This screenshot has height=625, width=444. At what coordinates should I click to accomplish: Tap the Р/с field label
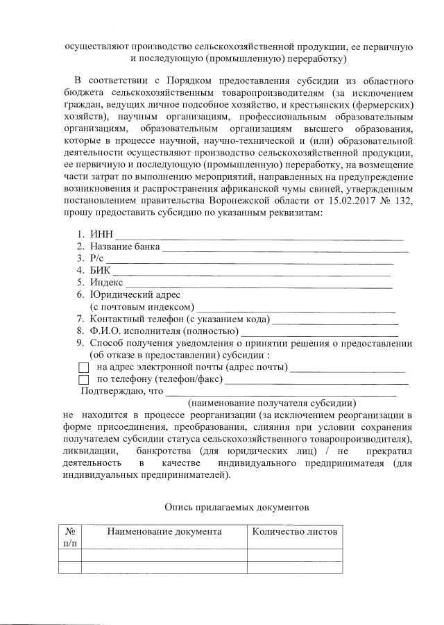tap(96, 258)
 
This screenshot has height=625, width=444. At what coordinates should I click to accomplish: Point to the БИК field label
tap(100, 270)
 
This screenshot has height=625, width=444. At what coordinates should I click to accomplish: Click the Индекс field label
tap(106, 282)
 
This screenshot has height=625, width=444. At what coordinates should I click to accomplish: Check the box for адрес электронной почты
tap(84, 367)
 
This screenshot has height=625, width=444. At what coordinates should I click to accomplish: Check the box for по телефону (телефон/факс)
tap(84, 380)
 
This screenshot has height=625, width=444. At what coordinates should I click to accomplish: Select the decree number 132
tap(404, 201)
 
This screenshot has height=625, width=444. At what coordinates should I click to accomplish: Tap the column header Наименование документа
tap(164, 531)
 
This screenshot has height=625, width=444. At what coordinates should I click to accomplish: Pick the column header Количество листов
tap(295, 531)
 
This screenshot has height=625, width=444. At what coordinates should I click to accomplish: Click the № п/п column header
tap(70, 536)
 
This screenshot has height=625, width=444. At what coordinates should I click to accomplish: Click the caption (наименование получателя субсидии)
tap(273, 403)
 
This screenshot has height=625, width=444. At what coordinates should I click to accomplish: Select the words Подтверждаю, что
tap(122, 391)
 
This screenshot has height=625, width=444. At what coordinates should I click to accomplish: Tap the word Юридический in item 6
tap(119, 294)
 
